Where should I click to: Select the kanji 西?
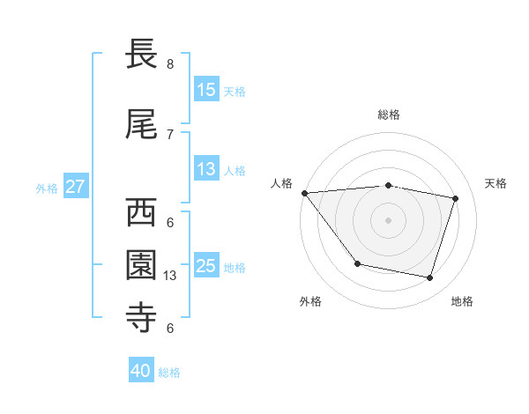[142, 212]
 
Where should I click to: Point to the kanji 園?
[142, 265]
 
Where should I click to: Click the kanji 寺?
[142, 318]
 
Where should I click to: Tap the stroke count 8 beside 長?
[169, 64]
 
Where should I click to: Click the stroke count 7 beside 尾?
[169, 135]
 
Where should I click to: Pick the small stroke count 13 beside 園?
[171, 276]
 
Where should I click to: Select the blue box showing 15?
[206, 89]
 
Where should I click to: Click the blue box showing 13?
[206, 169]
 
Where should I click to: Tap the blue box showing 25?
[206, 266]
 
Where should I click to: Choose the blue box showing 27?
[75, 187]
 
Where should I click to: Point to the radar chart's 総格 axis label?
[388, 115]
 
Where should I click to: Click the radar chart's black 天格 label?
[496, 183]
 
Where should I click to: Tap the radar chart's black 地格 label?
[462, 301]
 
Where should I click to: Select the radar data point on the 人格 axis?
[304, 193]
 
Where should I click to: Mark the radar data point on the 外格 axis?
[357, 263]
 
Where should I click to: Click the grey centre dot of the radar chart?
[388, 219]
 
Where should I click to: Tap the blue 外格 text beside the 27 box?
[47, 188]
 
